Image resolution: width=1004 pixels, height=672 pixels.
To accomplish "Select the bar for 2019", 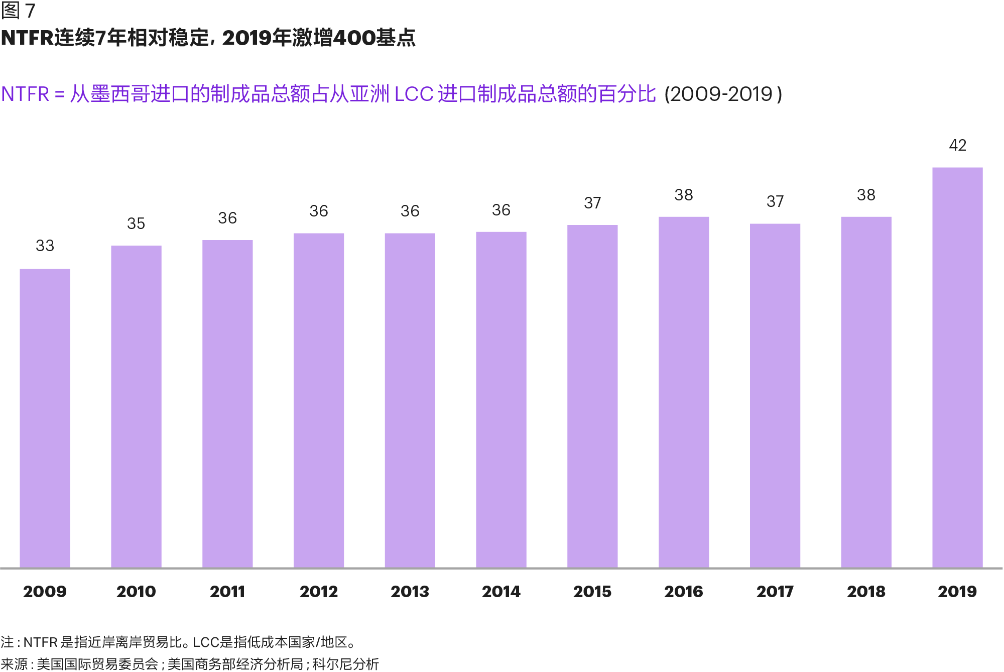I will pos(957,367).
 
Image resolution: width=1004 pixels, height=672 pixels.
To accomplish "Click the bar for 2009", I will pos(45,418).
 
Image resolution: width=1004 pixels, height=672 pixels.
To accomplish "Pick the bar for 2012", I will pos(319,400).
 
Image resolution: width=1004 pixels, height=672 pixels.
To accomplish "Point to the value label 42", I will pos(957,145).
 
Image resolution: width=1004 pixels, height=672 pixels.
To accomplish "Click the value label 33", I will pos(45,246).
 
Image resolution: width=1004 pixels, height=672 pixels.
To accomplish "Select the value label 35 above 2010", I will pos(136,223).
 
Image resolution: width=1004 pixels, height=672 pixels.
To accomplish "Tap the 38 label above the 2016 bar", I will pos(684,195).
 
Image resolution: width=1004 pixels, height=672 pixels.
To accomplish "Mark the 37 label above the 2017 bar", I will pos(775,201).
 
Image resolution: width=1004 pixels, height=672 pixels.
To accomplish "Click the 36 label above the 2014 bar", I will pos(501,210).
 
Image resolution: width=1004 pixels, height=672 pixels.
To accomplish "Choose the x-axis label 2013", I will pos(410,592).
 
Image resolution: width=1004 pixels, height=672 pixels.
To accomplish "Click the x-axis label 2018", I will pos(866,592).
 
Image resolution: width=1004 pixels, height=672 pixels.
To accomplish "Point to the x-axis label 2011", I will pos(227,592).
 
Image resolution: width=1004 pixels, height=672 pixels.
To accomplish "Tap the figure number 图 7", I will pos(18,11).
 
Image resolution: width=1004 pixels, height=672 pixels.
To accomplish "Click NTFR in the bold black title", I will pos(27,38).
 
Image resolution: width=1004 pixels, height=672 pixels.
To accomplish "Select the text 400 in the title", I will pos(354,38).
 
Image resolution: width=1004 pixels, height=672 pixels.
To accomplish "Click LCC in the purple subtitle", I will pos(414,94).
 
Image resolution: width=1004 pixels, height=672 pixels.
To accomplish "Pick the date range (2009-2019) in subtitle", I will pos(723,94).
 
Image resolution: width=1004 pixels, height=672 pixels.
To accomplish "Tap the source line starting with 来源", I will pos(190,664).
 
